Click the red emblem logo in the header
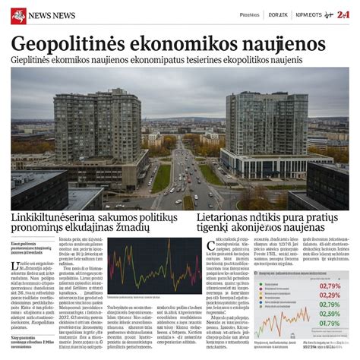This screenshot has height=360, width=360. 17,15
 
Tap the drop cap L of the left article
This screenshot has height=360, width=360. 14,266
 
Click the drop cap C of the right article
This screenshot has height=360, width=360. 210,245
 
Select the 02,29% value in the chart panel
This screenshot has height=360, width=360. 330,295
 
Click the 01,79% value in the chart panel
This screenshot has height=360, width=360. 330,323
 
